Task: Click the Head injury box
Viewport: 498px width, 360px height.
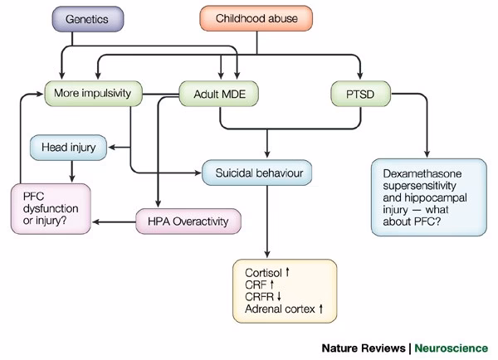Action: (x=71, y=148)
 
